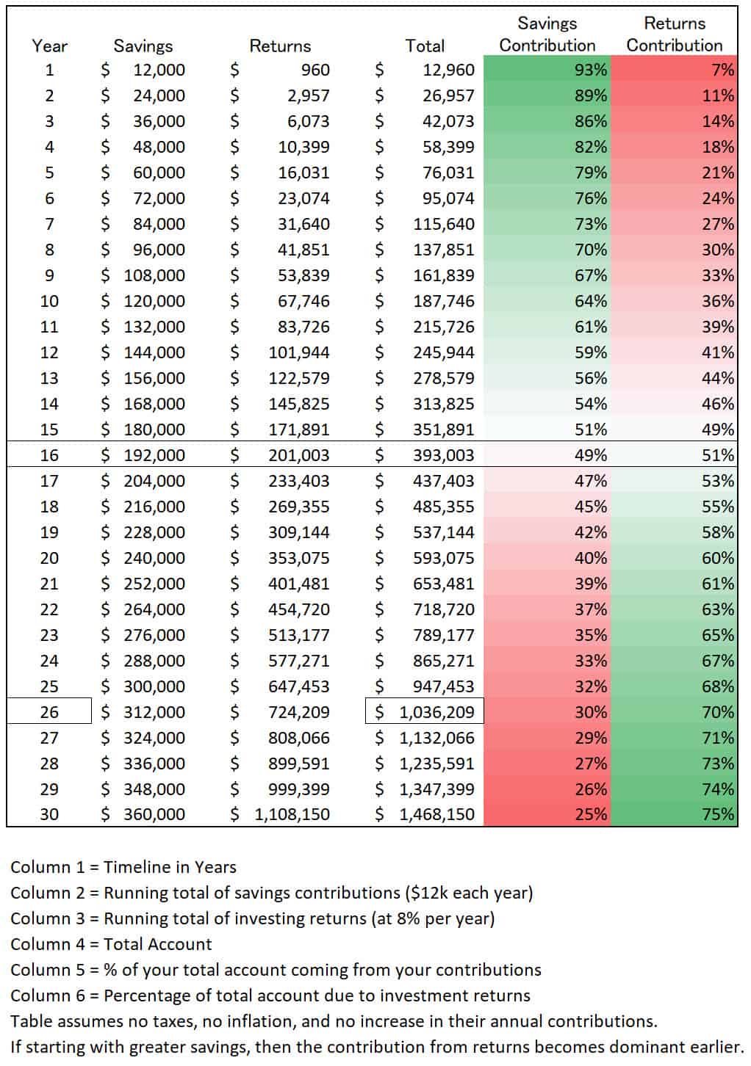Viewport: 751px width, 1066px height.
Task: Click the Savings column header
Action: pyautogui.click(x=143, y=46)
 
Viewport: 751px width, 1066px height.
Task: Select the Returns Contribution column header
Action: pyautogui.click(x=674, y=35)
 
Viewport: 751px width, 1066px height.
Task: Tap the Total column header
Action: pyautogui.click(x=425, y=46)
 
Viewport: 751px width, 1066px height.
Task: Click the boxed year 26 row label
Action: pyautogui.click(x=49, y=711)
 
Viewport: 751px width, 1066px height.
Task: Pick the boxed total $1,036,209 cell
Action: pyautogui.click(x=425, y=711)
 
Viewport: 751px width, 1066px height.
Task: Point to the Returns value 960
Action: pyautogui.click(x=315, y=70)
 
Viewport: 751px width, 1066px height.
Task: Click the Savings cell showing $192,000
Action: pyautogui.click(x=144, y=455)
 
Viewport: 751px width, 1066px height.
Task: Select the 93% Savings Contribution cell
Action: pyautogui.click(x=547, y=70)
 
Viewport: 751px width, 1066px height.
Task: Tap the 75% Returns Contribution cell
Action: pyautogui.click(x=674, y=814)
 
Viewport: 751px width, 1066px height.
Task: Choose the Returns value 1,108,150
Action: pyautogui.click(x=292, y=814)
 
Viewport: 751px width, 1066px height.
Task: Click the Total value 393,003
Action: pyautogui.click(x=443, y=455)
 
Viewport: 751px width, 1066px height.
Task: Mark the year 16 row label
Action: pyautogui.click(x=49, y=455)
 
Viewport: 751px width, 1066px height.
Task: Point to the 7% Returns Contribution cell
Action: pyautogui.click(x=674, y=70)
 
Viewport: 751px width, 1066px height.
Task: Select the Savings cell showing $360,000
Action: pyautogui.click(x=144, y=814)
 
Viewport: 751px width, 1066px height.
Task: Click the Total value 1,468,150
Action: pyautogui.click(x=436, y=814)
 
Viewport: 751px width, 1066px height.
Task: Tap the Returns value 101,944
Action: pyautogui.click(x=299, y=352)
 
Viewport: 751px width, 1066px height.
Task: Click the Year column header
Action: pyautogui.click(x=49, y=46)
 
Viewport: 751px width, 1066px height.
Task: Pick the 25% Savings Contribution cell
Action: pyautogui.click(x=547, y=814)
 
